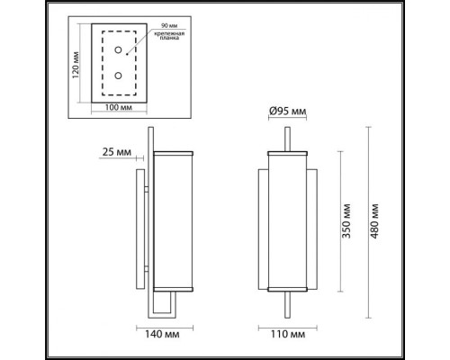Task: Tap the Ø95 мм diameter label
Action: pyautogui.click(x=288, y=112)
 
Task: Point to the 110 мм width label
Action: pyautogui.click(x=289, y=335)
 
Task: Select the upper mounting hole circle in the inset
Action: pyautogui.click(x=117, y=53)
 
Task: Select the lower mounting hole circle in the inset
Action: pyautogui.click(x=117, y=76)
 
